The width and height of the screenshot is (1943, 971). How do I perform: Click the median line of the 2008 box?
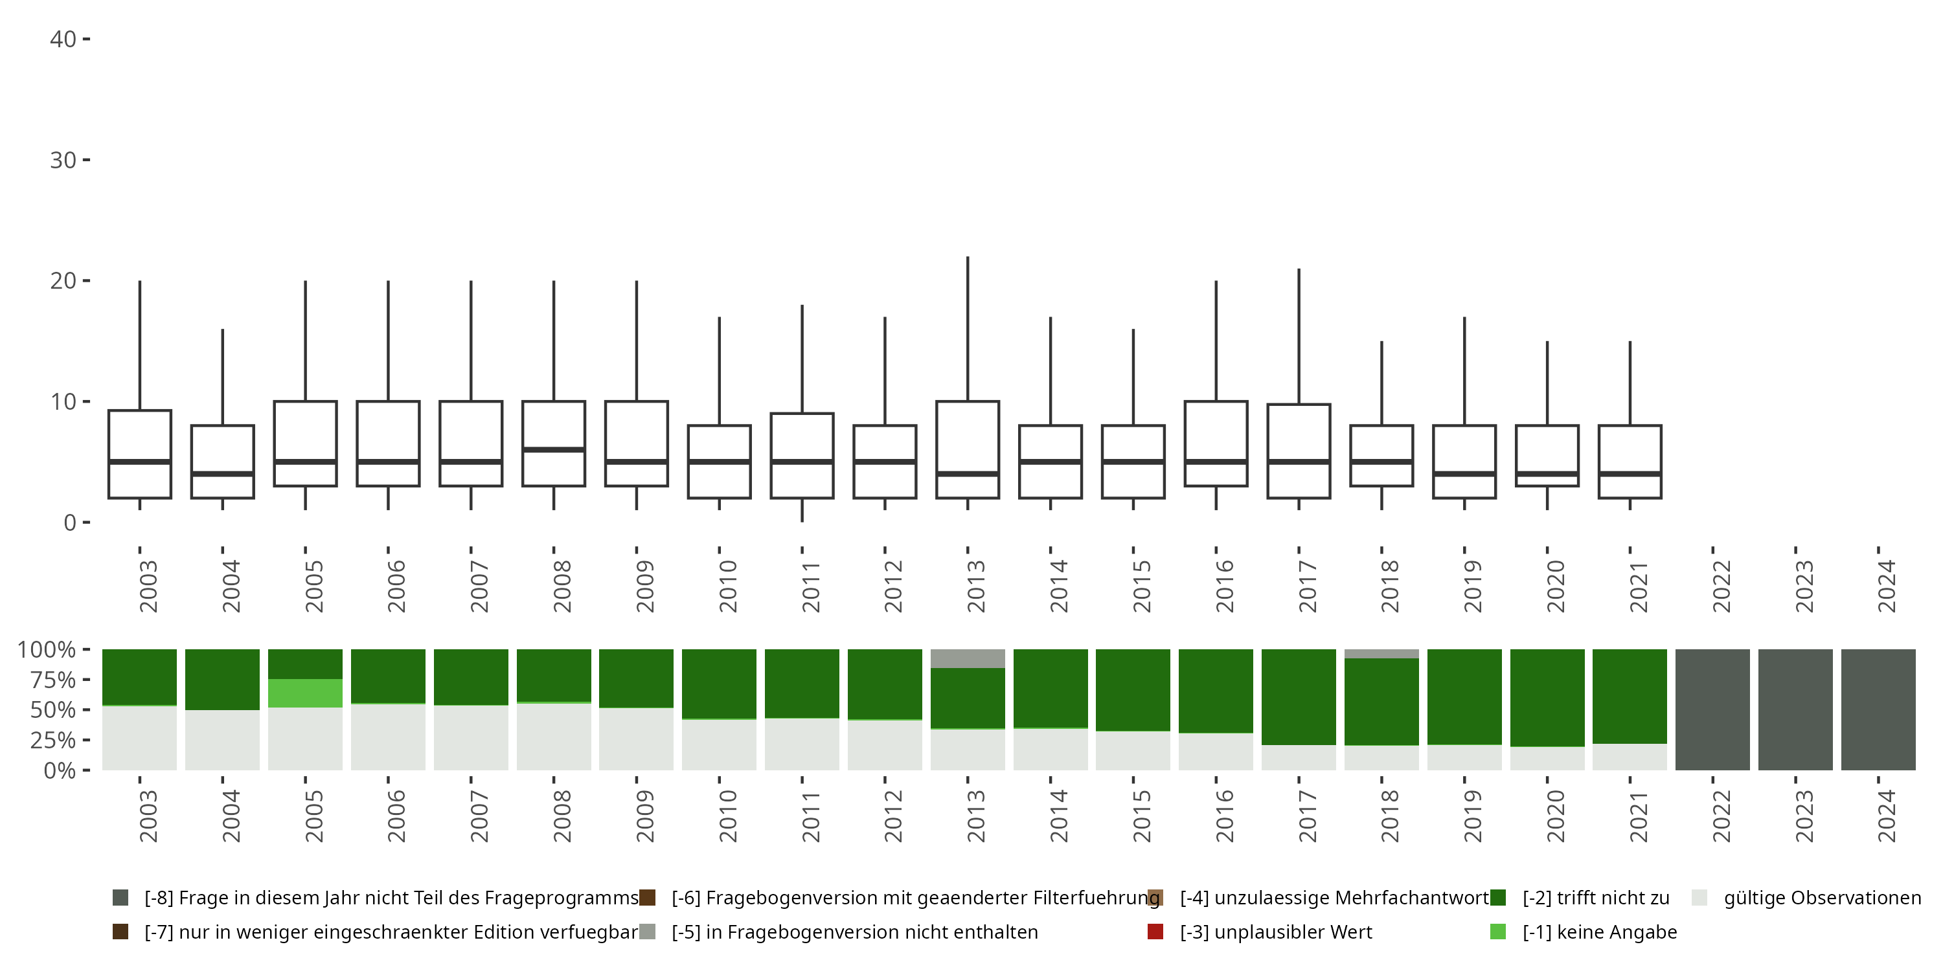554,449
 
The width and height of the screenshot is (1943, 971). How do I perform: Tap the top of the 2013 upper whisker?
968,258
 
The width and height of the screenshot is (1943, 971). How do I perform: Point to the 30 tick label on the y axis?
63,160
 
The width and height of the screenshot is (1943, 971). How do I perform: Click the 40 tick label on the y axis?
63,39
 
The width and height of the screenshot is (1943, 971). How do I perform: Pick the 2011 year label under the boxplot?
810,586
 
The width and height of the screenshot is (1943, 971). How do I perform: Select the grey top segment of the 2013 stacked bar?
968,658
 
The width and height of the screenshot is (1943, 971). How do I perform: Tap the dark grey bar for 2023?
1795,709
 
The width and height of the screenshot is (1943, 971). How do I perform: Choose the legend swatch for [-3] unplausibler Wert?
1155,932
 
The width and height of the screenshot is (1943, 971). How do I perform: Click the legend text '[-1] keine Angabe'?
1600,932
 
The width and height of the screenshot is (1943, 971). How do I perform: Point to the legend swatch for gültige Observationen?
1699,898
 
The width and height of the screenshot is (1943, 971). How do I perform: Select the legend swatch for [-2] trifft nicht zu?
1498,898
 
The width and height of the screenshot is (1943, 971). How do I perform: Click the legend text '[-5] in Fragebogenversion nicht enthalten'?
854,932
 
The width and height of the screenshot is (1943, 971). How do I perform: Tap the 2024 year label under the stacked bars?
1885,816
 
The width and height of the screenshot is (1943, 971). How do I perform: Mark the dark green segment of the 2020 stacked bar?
1547,697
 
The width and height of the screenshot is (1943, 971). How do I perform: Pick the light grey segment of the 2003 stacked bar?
139,738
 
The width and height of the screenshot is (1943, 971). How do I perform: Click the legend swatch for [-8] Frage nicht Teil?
120,898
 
